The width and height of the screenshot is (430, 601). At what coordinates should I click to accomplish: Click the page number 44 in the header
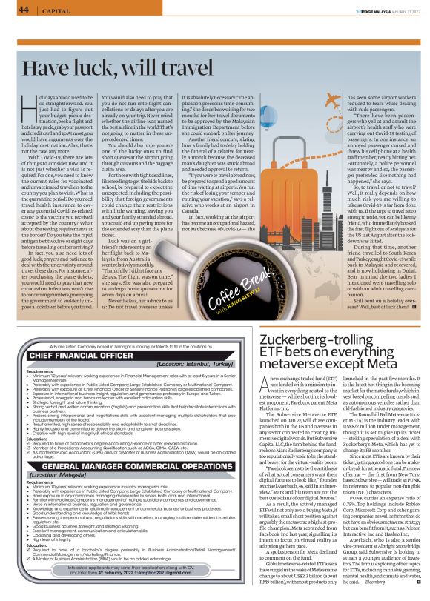tap(24, 10)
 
